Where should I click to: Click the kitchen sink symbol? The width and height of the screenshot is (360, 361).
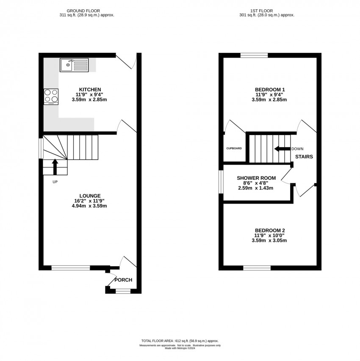[74, 65]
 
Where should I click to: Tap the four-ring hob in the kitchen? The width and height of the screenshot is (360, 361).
[51, 96]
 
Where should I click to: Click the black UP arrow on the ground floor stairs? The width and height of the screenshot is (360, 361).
[55, 166]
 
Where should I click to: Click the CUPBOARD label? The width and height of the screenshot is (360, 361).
[234, 149]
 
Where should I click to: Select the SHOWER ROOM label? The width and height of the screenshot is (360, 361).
[256, 178]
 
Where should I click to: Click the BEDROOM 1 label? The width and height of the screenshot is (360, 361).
[270, 89]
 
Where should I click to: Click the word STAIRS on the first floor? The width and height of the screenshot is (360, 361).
[304, 157]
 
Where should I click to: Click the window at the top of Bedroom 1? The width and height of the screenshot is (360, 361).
[254, 55]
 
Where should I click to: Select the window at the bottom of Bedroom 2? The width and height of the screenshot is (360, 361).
[257, 268]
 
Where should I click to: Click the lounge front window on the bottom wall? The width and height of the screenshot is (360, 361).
[70, 267]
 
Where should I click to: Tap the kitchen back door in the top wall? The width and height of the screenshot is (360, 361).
[126, 61]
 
